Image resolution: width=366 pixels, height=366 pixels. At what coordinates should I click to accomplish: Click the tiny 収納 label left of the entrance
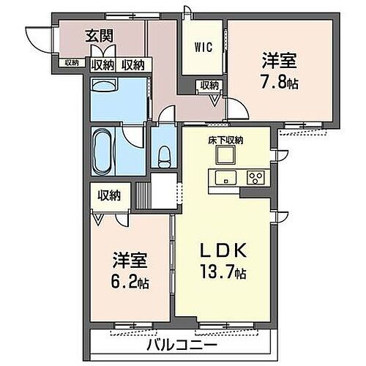point(70,63)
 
